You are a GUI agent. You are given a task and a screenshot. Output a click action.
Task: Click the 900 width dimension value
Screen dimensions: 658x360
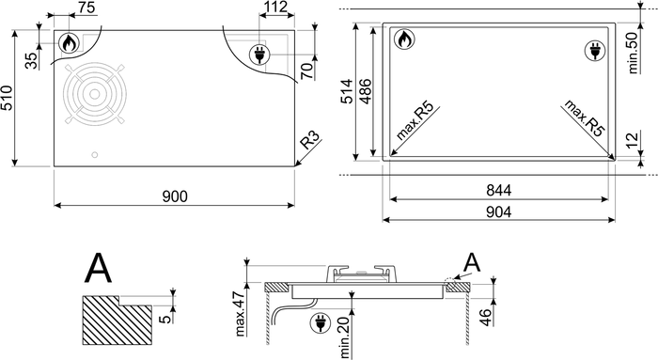tap(175, 196)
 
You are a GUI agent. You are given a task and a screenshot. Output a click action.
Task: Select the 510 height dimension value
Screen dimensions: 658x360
tap(7, 98)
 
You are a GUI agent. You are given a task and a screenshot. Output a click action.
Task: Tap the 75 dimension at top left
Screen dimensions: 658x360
tap(86, 8)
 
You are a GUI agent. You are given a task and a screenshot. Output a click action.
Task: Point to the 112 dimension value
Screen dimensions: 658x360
tap(276, 7)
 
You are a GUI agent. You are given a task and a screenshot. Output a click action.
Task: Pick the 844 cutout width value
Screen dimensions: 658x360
tap(499, 190)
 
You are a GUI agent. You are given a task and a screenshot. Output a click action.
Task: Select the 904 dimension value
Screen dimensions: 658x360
tap(499, 211)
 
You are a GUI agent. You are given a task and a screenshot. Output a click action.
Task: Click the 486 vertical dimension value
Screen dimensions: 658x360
tap(366, 91)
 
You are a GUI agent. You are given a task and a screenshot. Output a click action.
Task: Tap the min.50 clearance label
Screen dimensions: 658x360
tap(633, 52)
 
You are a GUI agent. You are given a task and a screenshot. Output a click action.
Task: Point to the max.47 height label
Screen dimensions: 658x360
tap(240, 313)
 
